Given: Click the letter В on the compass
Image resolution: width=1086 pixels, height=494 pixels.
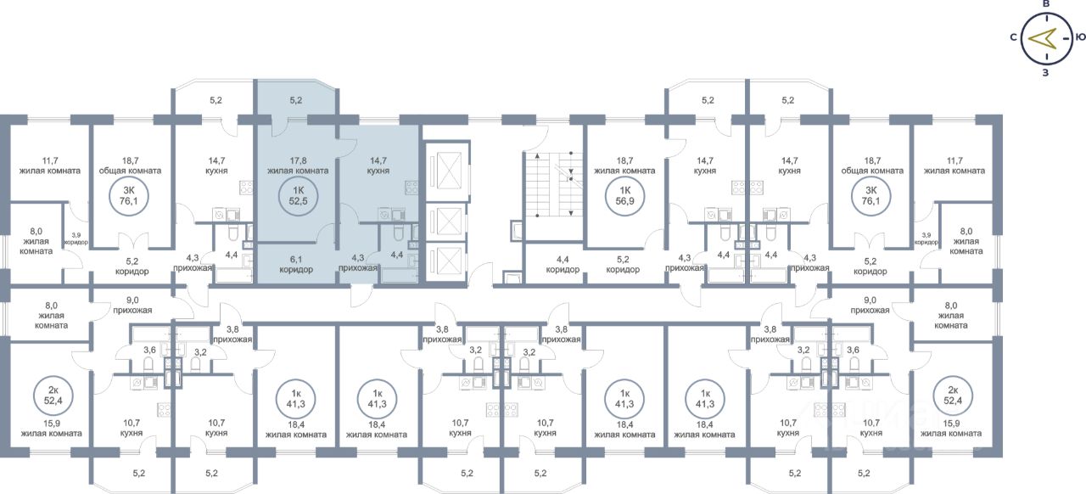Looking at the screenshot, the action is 1046,5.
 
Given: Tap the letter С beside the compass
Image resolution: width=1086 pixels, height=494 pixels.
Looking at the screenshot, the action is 1014,37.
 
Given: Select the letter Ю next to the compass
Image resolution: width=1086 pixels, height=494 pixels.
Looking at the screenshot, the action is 1079,37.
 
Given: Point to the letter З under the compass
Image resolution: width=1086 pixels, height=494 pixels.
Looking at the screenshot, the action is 1045,72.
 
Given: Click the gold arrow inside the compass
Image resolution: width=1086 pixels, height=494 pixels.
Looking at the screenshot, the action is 1042,38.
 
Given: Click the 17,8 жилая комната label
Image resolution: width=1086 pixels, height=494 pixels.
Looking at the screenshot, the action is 296,165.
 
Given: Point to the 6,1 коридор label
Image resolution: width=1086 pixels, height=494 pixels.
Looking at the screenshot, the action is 296,264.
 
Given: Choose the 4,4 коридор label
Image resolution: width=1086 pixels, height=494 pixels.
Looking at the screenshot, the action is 563,264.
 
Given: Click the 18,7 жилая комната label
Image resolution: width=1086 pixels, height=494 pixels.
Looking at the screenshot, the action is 624,165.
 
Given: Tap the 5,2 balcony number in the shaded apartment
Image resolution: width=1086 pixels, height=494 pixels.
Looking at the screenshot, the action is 296,100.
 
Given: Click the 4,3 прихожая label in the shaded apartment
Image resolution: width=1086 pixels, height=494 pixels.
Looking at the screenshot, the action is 357,263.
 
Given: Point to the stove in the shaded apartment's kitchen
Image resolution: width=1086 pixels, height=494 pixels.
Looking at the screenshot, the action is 411,188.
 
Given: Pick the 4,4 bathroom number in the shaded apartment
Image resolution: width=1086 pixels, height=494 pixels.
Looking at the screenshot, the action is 396,254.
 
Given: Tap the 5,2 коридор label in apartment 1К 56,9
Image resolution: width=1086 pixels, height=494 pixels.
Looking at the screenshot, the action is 624,264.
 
